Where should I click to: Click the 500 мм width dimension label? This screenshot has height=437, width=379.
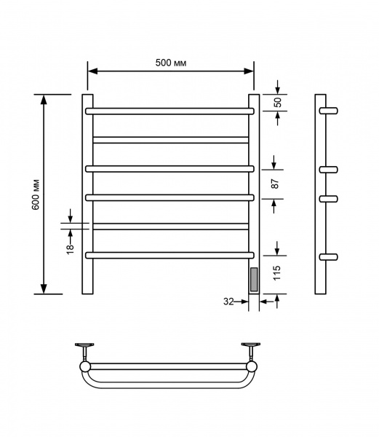pyautogui.click(x=171, y=63)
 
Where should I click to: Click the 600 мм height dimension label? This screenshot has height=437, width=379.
pyautogui.click(x=36, y=194)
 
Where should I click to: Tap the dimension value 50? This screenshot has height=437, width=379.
pyautogui.click(x=277, y=102)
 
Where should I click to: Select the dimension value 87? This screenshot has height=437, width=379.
pyautogui.click(x=275, y=184)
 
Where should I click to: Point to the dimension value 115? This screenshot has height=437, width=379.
pyautogui.click(x=276, y=273)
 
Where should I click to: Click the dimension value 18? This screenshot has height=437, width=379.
pyautogui.click(x=70, y=248)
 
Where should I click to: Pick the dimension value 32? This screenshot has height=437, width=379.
pyautogui.click(x=228, y=302)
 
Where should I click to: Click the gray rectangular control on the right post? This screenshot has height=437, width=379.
pyautogui.click(x=254, y=279)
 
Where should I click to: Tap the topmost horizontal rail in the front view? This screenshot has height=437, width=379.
pyautogui.click(x=169, y=111)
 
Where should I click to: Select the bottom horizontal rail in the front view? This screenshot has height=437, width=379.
pyautogui.click(x=169, y=256)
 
